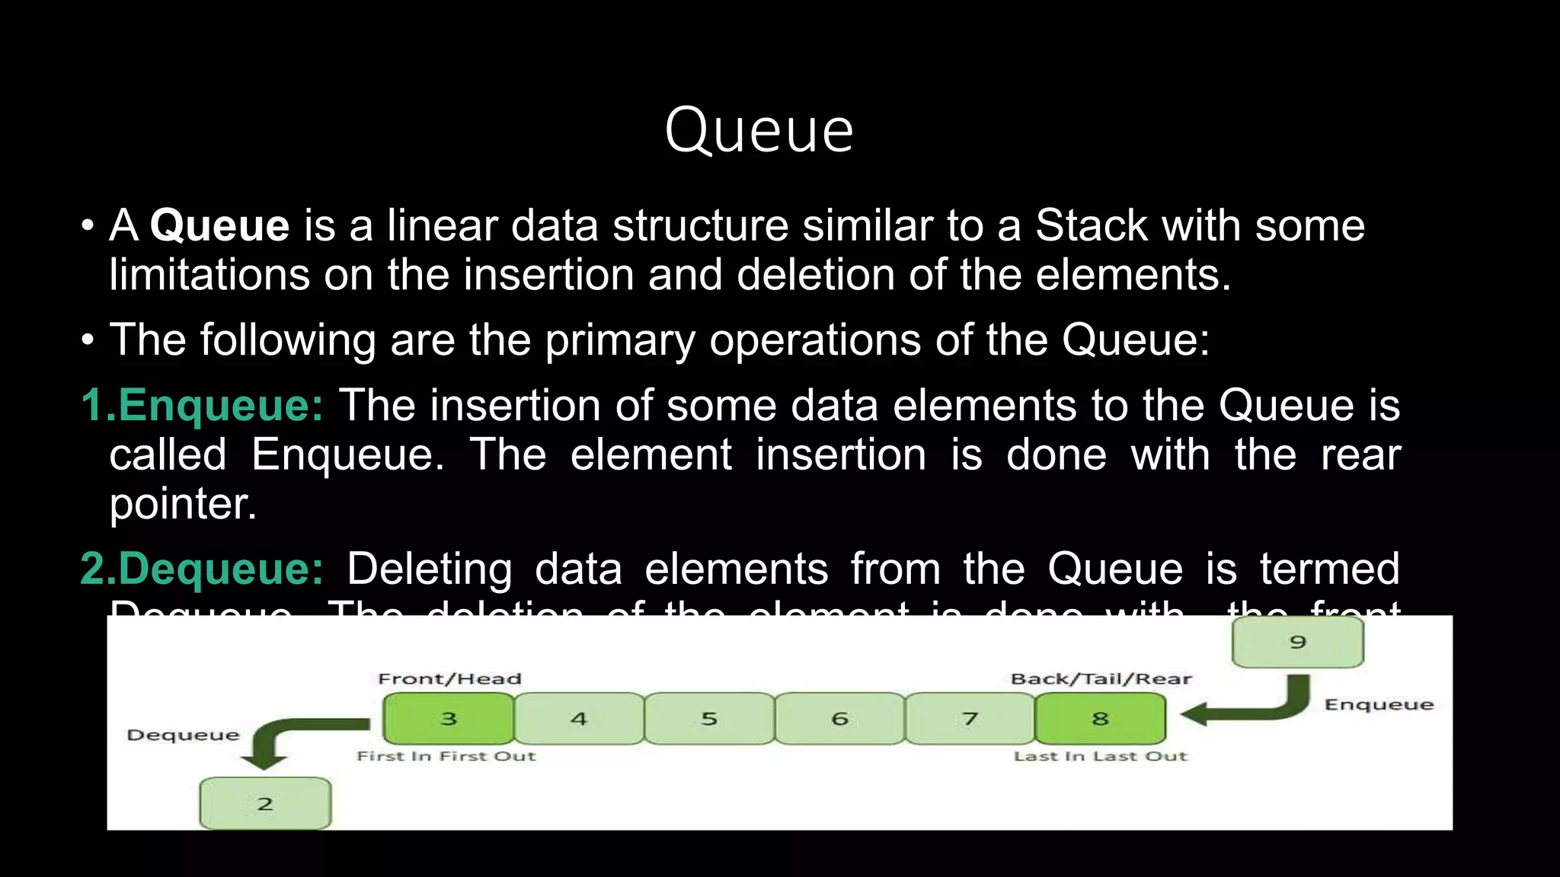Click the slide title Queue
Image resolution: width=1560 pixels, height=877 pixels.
[759, 131]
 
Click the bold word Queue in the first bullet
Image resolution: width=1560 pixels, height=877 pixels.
[219, 226]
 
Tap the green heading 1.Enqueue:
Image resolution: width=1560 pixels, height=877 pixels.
[202, 405]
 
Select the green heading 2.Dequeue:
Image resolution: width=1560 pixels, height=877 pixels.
[202, 569]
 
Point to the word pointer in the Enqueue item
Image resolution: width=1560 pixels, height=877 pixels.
[183, 504]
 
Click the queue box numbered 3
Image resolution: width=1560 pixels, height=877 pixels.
[449, 719]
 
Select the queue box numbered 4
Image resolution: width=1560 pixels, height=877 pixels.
[579, 719]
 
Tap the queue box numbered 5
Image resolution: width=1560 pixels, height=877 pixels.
[709, 719]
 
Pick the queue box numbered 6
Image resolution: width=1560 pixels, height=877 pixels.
[839, 719]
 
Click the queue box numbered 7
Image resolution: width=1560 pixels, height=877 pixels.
[970, 719]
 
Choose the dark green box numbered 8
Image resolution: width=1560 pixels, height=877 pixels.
[1100, 719]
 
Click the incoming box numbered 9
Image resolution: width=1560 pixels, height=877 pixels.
[1298, 642]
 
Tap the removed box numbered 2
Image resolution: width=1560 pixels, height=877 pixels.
[265, 804]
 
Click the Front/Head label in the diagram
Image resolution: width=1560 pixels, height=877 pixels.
[449, 678]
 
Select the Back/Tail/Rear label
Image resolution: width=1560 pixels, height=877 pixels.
[1101, 678]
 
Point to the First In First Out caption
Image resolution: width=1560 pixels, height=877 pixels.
[446, 756]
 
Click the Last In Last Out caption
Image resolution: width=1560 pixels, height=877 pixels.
[1100, 756]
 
